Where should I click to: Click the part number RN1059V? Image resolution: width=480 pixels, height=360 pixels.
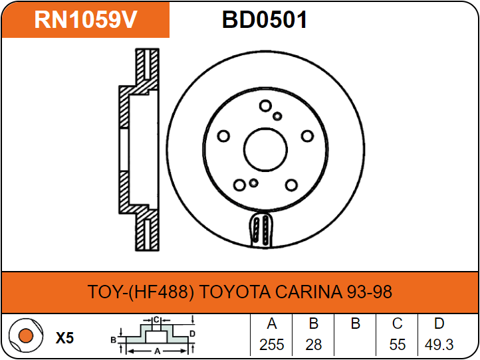[x=86, y=20]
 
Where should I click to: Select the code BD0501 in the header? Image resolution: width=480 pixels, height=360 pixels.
[x=265, y=21]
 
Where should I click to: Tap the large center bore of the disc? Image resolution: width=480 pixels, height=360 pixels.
[x=268, y=147]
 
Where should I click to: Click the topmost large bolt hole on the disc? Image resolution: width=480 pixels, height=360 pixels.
[x=265, y=106]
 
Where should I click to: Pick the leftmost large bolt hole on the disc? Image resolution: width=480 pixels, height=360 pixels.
[x=223, y=136]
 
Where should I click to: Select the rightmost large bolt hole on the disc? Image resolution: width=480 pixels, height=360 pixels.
[x=307, y=136]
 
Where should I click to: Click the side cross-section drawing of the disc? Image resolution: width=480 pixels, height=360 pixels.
[x=140, y=149]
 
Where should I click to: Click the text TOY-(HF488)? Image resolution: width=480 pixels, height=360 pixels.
[x=141, y=292]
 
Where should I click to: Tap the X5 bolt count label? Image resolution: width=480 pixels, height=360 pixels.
[x=64, y=338]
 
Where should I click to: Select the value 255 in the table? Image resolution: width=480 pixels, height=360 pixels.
[x=271, y=345]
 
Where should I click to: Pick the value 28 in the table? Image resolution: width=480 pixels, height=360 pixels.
[x=313, y=345]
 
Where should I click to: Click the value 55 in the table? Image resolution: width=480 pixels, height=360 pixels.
[x=397, y=345]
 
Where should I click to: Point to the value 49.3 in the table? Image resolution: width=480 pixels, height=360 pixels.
[x=439, y=345]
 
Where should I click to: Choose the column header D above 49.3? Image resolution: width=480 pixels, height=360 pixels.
[x=439, y=324]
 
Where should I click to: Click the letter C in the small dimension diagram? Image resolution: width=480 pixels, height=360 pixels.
[x=156, y=319]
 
